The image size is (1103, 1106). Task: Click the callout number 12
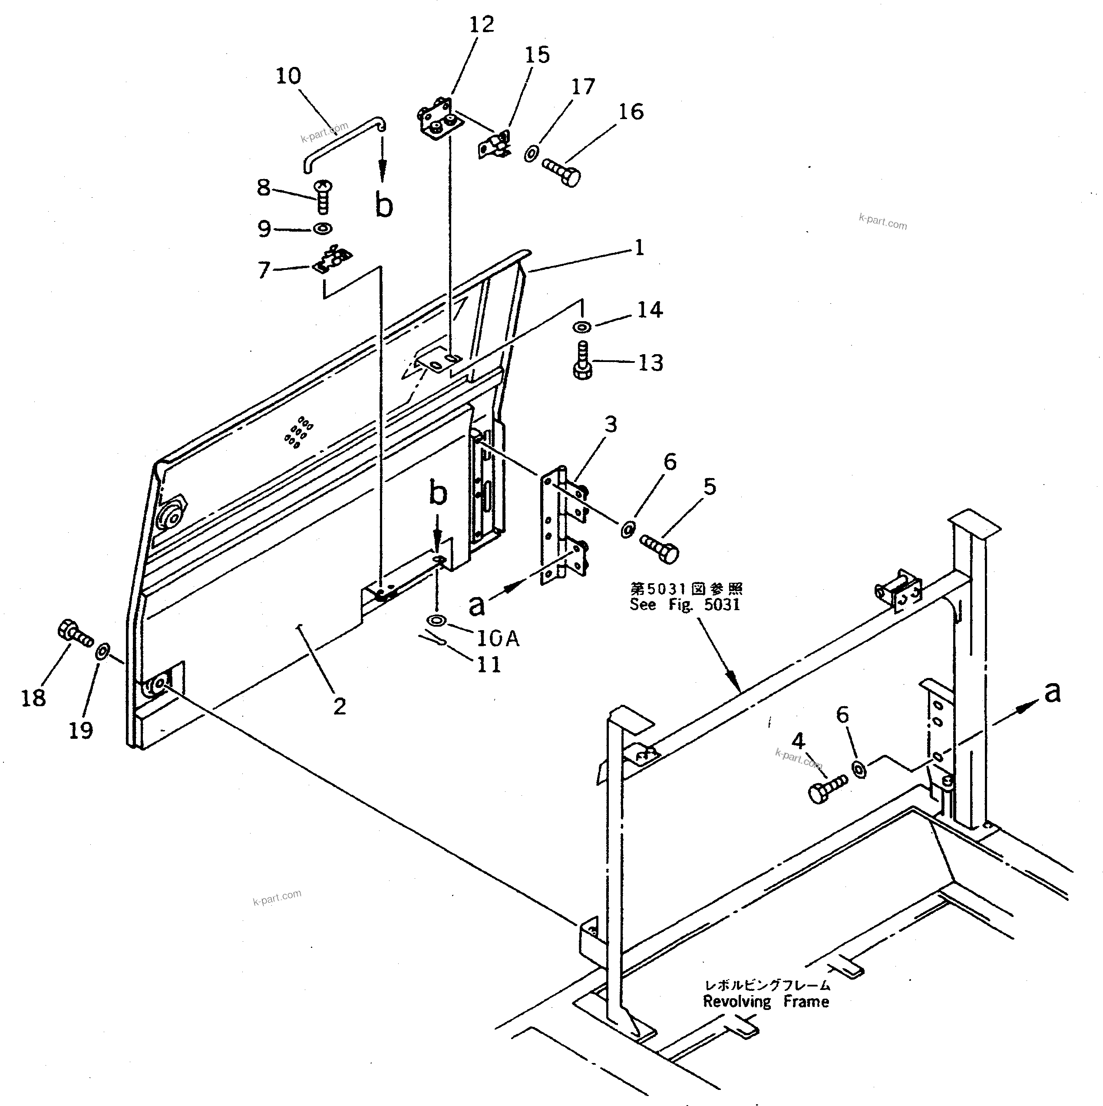(x=481, y=25)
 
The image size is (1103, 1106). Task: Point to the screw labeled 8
(x=323, y=195)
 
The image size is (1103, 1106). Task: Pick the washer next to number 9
(x=323, y=229)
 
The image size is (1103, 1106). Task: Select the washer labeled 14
(x=582, y=327)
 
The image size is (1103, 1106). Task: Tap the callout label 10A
(x=497, y=638)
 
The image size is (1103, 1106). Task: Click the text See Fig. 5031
(x=685, y=605)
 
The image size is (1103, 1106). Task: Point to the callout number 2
(x=340, y=707)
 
